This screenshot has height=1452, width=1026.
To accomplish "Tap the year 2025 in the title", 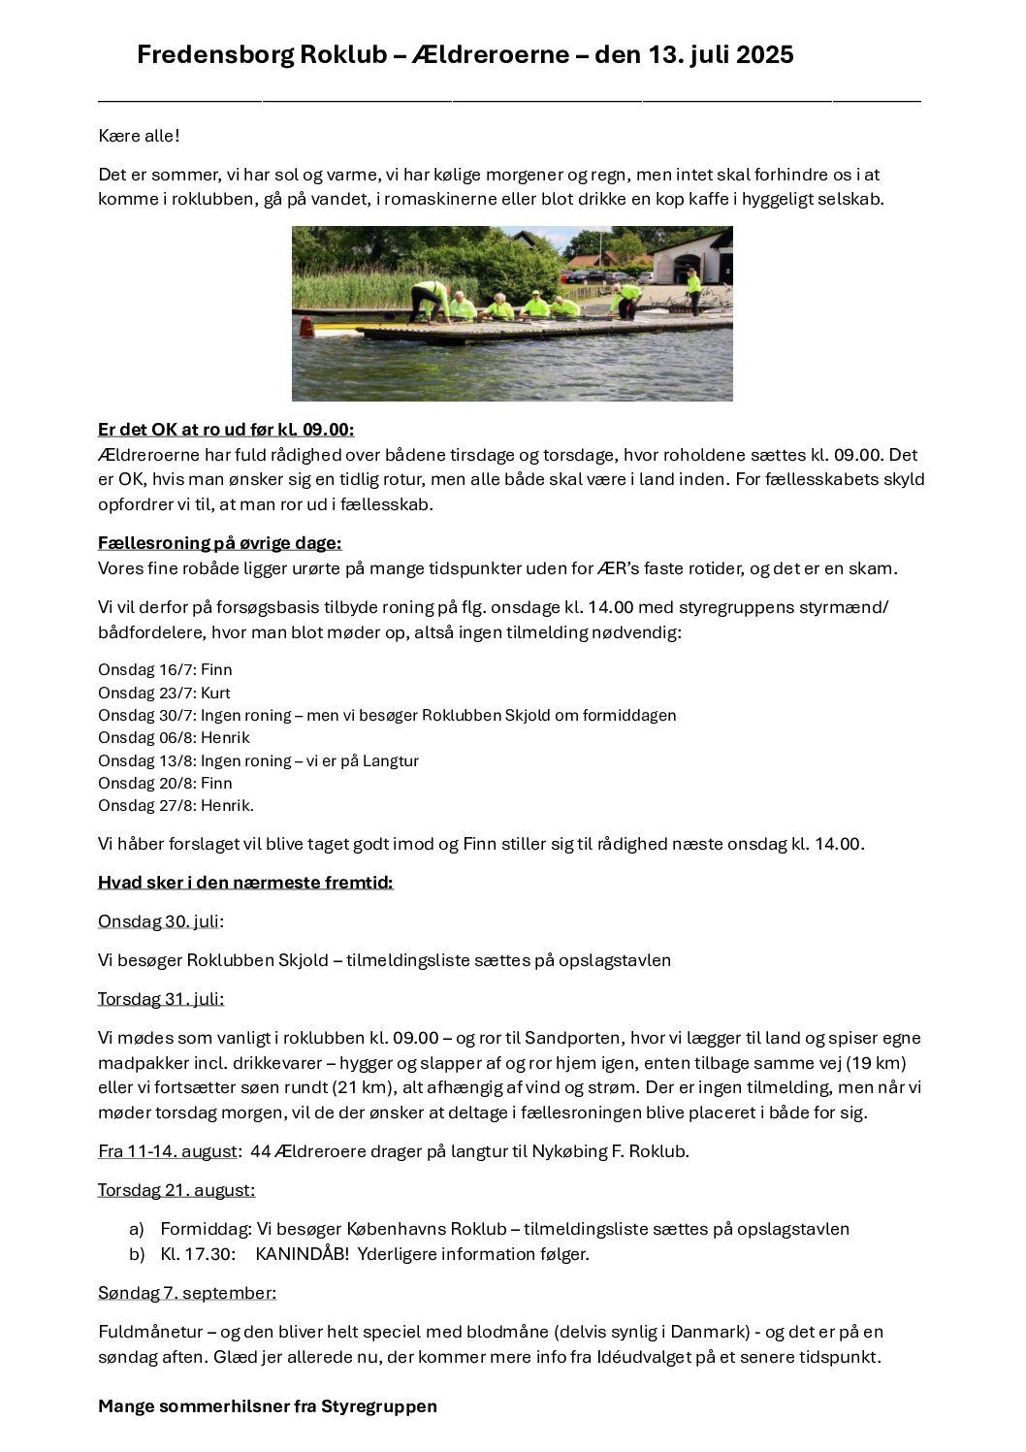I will (x=764, y=55).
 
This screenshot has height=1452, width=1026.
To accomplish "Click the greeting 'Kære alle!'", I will (x=139, y=136).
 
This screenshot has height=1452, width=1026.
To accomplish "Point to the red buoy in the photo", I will (x=306, y=327).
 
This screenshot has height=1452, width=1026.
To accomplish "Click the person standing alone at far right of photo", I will (x=693, y=292).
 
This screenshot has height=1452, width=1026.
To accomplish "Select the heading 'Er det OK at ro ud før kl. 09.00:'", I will (x=226, y=430).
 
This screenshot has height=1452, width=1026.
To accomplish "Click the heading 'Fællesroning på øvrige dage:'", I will (x=220, y=543).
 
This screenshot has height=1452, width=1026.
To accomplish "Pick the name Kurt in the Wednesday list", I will (x=215, y=693).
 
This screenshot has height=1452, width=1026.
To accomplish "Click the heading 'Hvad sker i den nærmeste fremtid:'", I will (x=245, y=883).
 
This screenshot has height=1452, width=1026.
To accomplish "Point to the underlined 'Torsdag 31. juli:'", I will (x=161, y=999).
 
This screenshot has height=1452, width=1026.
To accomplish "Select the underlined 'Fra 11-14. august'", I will (x=168, y=1151).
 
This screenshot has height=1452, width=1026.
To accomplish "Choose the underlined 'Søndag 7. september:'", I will (x=187, y=1293).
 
